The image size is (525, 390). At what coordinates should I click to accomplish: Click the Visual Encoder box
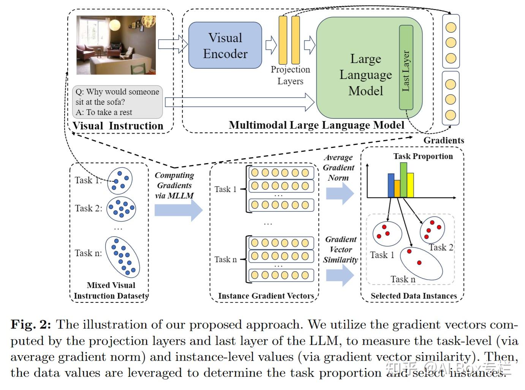coord(225,46)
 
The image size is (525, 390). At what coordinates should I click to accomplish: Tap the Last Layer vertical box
coord(406,68)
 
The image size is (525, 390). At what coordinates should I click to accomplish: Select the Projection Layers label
coord(290,75)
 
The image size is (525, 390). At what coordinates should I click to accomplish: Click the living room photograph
coord(116,45)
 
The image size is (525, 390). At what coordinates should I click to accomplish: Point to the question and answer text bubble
coord(117,102)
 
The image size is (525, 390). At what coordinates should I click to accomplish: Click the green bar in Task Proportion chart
coord(403,180)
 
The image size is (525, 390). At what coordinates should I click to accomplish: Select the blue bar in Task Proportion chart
coord(391,186)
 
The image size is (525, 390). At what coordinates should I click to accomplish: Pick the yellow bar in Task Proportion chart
coord(410,185)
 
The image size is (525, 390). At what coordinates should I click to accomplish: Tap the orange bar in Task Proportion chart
coord(397,189)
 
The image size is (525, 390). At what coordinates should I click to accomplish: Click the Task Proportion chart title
coord(423,156)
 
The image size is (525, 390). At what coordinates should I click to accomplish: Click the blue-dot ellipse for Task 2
coord(121,208)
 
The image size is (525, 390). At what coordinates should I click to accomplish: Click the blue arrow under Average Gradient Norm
coord(340,193)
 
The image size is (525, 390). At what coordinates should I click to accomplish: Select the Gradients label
coord(444,140)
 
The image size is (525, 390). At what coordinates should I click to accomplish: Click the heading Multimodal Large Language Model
coord(316,125)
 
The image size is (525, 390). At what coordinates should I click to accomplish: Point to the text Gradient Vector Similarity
coord(341,250)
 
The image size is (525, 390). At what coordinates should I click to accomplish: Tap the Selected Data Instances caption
coord(414,296)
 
